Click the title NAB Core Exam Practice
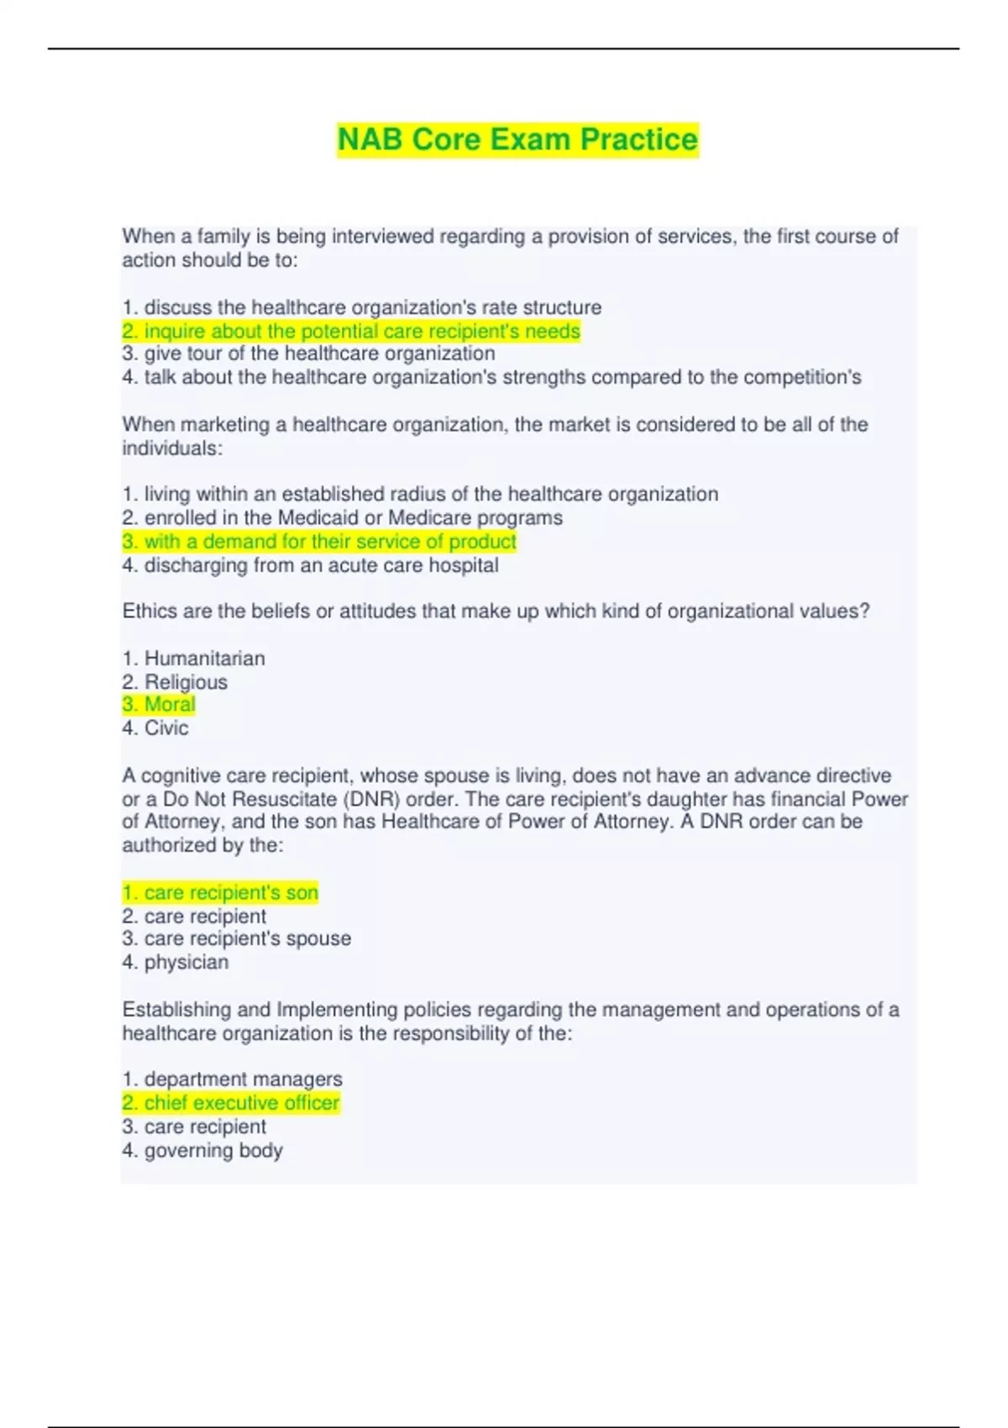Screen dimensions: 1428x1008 [x=517, y=139]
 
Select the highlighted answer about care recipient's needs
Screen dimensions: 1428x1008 [x=351, y=331]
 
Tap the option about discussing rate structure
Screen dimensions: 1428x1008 [x=362, y=307]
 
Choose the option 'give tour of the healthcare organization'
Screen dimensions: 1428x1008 [x=308, y=354]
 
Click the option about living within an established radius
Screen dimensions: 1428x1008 [x=420, y=494]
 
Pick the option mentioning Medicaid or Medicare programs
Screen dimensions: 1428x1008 [x=342, y=517]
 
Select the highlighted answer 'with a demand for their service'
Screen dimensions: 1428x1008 [x=319, y=542]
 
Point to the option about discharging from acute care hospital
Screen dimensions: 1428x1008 [x=310, y=565]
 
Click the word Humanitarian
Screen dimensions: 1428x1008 [x=204, y=659]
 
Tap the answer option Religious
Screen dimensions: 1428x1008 [x=185, y=682]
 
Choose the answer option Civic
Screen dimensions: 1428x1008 [x=165, y=728]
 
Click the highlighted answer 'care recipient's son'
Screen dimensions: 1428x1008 [x=220, y=893]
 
